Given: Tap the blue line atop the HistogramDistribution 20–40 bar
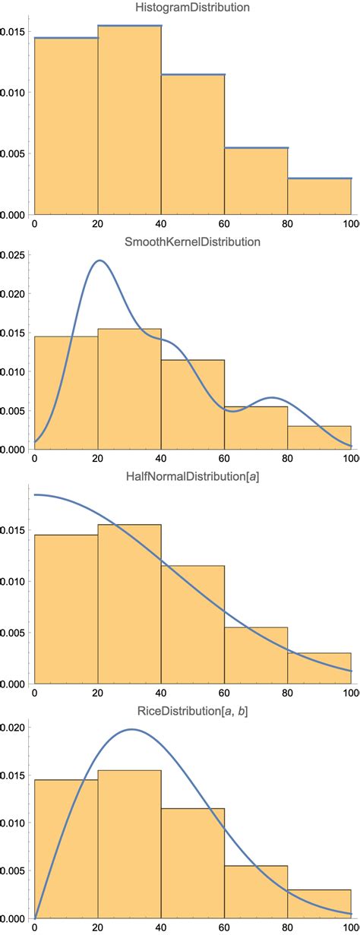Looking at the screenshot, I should tap(129, 26).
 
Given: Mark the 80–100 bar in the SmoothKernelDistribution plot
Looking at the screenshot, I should tap(319, 437).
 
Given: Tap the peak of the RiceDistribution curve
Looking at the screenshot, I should tap(131, 729).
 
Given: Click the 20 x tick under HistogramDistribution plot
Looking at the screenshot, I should tap(98, 224).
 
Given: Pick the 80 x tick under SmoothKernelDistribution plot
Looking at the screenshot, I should tap(288, 460).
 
